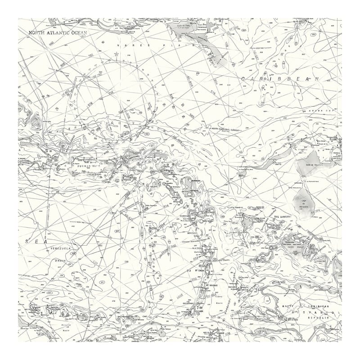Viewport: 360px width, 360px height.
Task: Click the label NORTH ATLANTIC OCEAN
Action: [x=58, y=32]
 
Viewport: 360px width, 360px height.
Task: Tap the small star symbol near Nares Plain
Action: [x=116, y=54]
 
